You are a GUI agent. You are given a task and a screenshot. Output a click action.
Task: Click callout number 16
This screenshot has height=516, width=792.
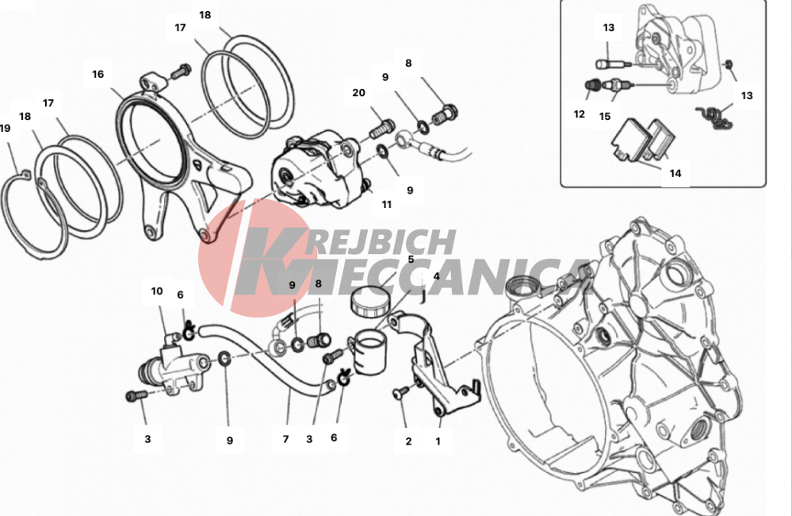point(98,75)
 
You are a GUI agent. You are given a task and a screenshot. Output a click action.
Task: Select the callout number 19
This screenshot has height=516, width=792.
point(5,129)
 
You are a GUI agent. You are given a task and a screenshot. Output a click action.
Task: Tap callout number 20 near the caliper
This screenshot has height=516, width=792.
point(358,93)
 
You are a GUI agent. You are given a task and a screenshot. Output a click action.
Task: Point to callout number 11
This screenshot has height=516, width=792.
point(386,205)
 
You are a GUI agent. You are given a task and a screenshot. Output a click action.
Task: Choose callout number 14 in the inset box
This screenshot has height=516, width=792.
point(675,174)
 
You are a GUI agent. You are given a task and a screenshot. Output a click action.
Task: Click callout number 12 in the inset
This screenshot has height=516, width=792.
point(579,114)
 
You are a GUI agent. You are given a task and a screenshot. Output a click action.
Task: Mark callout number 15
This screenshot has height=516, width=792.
point(605,117)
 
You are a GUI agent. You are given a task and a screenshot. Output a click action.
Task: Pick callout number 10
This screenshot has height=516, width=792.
point(157,291)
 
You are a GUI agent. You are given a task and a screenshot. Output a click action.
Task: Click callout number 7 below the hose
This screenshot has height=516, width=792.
point(285,440)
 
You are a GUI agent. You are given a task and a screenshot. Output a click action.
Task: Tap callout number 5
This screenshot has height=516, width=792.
point(411,260)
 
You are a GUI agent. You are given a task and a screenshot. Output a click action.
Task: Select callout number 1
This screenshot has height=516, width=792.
point(438,441)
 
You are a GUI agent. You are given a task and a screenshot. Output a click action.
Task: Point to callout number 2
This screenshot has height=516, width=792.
point(408,441)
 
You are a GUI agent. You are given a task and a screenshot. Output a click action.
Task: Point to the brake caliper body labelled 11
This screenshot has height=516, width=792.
point(317,169)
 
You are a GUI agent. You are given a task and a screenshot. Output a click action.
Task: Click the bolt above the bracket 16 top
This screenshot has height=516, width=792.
point(181,71)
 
